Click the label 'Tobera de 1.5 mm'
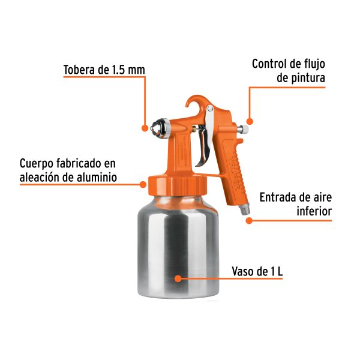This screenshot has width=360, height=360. [104, 70]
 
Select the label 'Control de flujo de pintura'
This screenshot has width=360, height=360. [288, 70]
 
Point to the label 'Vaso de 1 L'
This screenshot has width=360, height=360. [257, 271]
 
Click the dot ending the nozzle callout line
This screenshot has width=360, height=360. [145, 127]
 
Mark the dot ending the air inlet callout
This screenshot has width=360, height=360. [250, 220]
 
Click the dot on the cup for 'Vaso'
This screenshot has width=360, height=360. [178, 278]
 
